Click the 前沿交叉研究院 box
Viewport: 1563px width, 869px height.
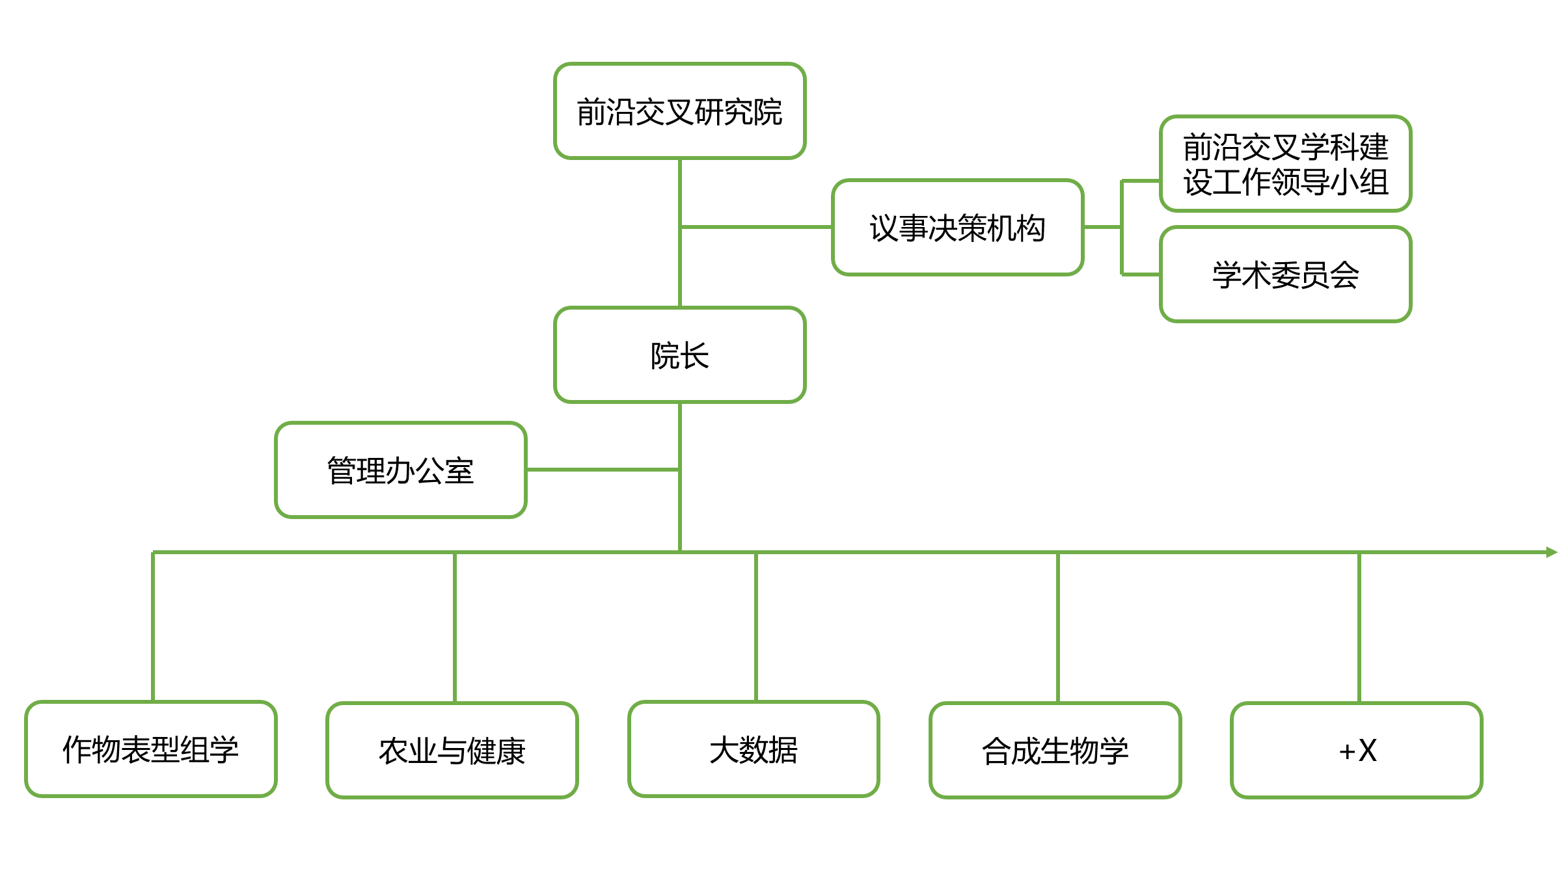pos(679,111)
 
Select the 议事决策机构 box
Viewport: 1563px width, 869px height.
pos(957,227)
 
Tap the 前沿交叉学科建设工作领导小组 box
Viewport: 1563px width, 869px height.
pos(1285,163)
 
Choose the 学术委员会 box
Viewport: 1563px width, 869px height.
pos(1285,274)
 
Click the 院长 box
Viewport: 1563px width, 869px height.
pos(679,354)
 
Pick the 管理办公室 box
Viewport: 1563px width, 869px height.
pos(401,470)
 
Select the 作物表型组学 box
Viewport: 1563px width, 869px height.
pos(151,749)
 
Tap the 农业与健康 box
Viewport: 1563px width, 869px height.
pos(452,750)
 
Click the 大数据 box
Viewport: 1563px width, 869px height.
pos(754,749)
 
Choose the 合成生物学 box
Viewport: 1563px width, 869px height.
pos(1055,750)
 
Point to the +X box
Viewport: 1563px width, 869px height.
pos(1357,750)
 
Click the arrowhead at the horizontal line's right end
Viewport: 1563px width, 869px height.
pos(1553,552)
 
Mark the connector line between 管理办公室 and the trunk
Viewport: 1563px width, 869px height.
pos(603,469)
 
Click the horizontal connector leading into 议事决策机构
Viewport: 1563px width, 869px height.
pos(756,227)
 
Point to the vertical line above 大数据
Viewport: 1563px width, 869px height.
pos(756,627)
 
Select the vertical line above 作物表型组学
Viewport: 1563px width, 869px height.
pos(153,627)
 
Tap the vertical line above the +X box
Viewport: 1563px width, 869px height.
pos(1359,628)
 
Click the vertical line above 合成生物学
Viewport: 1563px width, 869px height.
pos(1058,628)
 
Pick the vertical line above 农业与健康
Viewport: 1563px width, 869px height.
pos(455,628)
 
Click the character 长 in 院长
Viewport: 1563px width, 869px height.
pos(694,356)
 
